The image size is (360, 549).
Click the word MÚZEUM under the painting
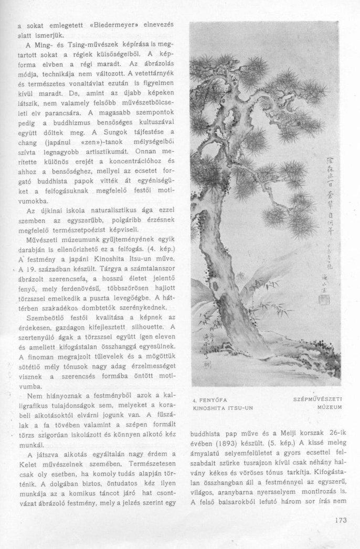[x=330, y=407]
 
